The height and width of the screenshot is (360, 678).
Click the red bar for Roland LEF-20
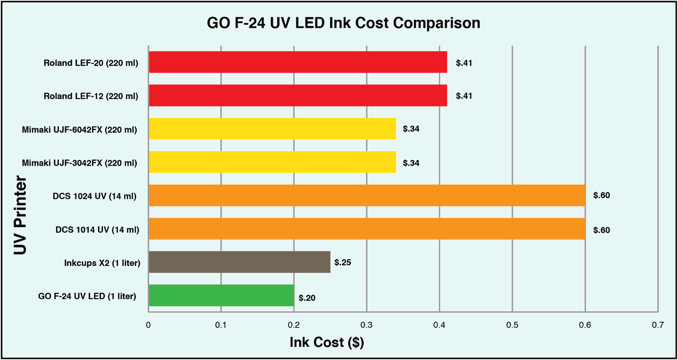pos(298,62)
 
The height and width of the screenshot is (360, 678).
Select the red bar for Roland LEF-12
pos(298,95)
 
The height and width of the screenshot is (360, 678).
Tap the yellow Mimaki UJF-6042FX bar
pos(272,128)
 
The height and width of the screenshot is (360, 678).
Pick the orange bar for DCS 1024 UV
pos(367,195)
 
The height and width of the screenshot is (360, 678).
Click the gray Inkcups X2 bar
pos(239,262)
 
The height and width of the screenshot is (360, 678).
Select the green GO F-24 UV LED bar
pos(221,295)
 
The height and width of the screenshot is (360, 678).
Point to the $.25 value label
pos(342,262)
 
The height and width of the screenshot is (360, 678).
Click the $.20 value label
pos(307,298)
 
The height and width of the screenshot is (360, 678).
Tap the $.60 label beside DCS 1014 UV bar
pos(601,230)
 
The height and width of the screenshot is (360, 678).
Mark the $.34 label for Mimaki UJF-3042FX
pos(411,163)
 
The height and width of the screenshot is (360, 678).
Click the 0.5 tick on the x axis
pos(512,325)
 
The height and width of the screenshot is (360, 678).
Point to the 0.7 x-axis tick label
pos(658,325)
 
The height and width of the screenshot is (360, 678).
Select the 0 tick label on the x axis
pos(148,325)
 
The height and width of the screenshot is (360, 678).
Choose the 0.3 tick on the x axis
pos(367,325)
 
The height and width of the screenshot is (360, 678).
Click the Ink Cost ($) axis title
pos(327,342)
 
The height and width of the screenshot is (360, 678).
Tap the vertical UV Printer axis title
pos(20,215)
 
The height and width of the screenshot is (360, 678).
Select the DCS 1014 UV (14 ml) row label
pos(97,230)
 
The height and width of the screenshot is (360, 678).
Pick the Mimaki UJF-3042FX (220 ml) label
pos(79,163)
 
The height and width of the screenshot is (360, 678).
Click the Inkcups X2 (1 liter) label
pos(102,263)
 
